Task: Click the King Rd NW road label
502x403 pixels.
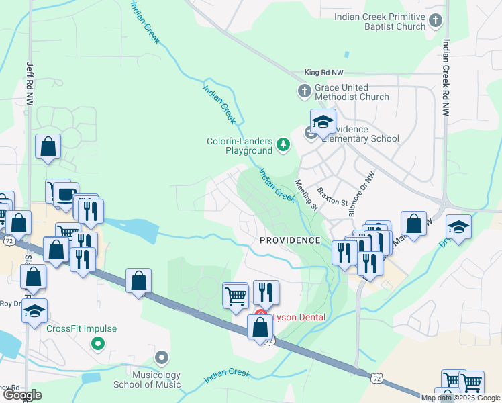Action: point(323,71)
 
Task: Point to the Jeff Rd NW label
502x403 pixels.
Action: point(30,83)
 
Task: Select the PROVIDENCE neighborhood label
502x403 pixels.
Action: point(290,240)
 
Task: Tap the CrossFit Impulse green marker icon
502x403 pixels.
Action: point(98,343)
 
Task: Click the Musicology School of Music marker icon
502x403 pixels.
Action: point(160,357)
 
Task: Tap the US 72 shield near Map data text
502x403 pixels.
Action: point(378,380)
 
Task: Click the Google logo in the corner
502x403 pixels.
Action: point(21,395)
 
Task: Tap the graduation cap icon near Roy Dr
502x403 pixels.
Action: point(35,310)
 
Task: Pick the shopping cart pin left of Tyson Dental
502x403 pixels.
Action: point(236,296)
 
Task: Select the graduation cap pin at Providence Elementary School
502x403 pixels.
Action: point(323,122)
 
